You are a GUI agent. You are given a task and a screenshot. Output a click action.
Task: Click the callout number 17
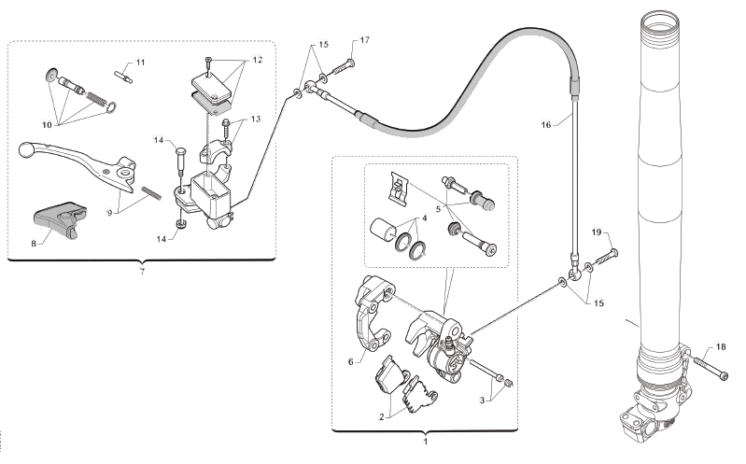pos(364,40)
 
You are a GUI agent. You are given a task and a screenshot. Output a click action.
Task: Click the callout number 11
pos(140,62)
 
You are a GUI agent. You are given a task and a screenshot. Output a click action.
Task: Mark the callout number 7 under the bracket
pos(142,272)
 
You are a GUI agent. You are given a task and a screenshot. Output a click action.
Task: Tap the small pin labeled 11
pos(121,75)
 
